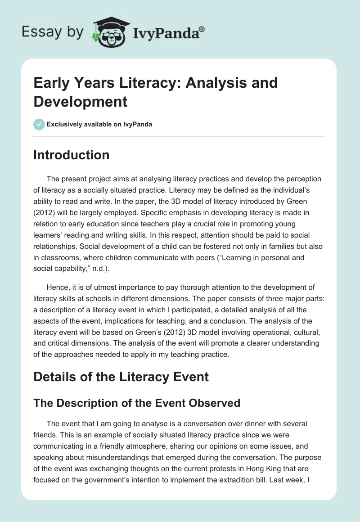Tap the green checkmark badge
tap(39, 124)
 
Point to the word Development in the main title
tap(81, 101)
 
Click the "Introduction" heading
tap(72, 155)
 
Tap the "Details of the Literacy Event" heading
tap(121, 376)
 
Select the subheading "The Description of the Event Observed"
tap(137, 403)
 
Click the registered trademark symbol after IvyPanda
tap(202, 29)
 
